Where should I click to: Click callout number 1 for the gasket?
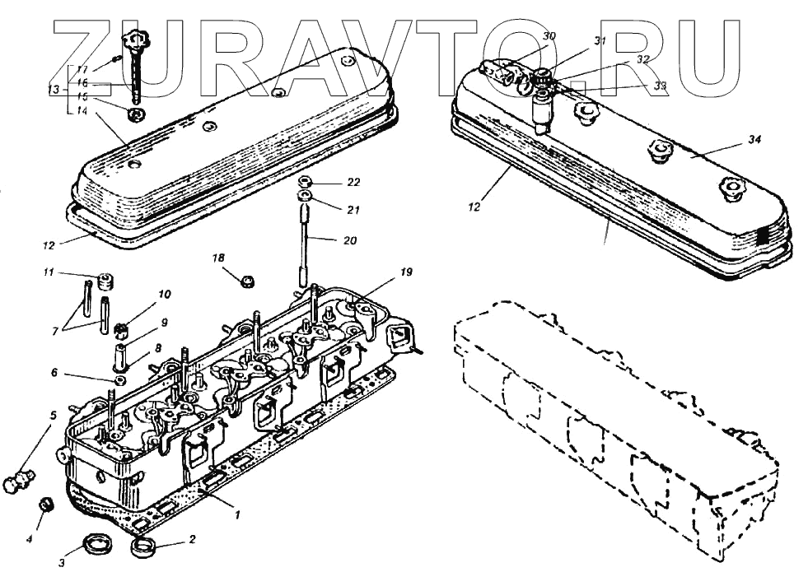point(237,515)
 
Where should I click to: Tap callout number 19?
point(407,271)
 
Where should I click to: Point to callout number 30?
point(549,36)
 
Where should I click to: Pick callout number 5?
point(54,416)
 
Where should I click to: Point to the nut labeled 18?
point(245,281)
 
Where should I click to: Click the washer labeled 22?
point(305,181)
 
